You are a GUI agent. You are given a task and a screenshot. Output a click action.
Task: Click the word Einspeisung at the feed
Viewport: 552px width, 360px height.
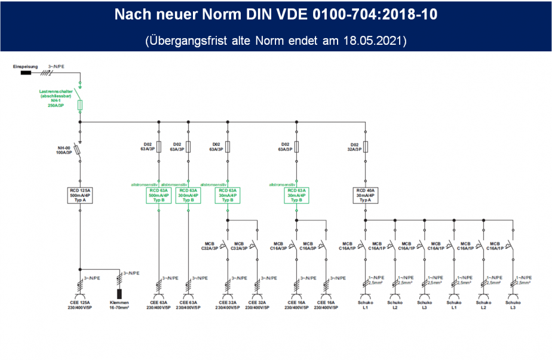coord(24,66)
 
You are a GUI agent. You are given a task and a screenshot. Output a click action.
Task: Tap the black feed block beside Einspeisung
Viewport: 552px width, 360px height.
coord(26,73)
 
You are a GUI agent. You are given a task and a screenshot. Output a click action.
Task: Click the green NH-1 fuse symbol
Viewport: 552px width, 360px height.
coord(79,105)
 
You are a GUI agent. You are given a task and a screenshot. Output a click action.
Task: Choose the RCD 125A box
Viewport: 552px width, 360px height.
coord(79,195)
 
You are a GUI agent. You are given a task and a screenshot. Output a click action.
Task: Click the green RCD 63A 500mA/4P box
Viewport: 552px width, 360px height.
coord(158,195)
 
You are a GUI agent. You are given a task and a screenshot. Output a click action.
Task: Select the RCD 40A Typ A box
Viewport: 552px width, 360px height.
coord(365,195)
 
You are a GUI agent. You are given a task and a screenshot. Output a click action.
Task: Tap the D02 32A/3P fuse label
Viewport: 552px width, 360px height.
coord(355,146)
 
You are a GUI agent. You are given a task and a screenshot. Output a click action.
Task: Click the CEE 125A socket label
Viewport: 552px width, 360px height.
coord(79,305)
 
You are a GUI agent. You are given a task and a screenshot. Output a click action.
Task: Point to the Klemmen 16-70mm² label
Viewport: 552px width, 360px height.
coord(119,305)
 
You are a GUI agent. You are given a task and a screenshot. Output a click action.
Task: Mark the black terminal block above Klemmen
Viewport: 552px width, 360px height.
coord(119,293)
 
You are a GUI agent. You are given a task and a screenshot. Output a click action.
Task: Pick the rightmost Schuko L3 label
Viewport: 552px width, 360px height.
coord(512,305)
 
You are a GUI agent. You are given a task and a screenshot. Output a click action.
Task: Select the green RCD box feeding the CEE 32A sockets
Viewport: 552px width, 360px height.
coord(228,195)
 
